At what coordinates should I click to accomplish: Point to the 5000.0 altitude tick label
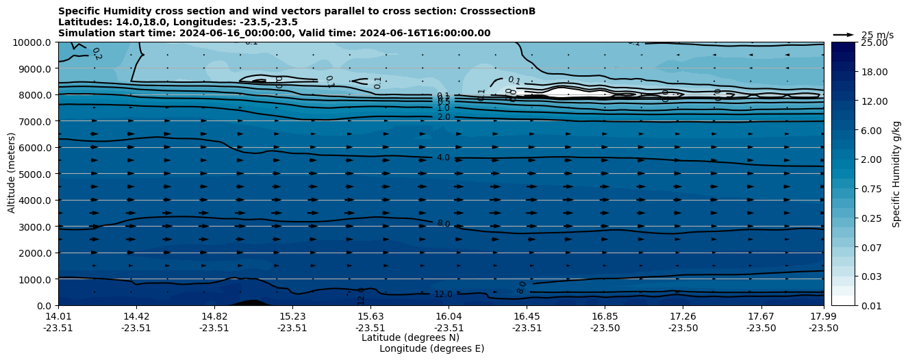click(35, 175)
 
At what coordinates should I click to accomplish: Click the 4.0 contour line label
click(443, 157)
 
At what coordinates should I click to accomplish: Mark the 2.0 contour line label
click(443, 117)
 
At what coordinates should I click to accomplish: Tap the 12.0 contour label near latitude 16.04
click(443, 294)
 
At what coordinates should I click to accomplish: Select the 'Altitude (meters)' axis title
click(12, 174)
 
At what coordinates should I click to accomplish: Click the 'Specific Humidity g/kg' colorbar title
click(896, 174)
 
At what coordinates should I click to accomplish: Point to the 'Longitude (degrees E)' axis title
click(431, 348)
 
